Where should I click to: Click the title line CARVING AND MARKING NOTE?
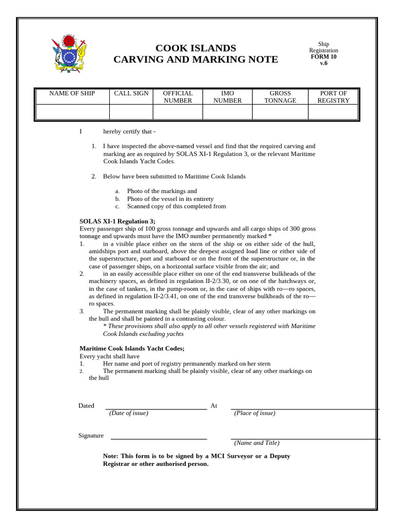pos(195,60)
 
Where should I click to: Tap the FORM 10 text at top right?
pos(323,57)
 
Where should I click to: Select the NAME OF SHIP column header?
pos(72,93)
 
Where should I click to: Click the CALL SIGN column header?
pos(131,93)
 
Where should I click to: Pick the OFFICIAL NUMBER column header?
pos(178,97)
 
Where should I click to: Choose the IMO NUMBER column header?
pos(227,97)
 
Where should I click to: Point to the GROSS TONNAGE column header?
pos(280,97)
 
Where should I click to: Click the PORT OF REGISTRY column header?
pos(333,97)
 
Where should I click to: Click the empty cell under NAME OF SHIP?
pos(72,112)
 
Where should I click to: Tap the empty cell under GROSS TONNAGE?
pos(280,112)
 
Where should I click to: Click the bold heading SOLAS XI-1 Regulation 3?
pos(117,221)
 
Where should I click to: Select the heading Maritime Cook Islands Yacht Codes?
pos(132,348)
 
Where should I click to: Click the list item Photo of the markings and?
pos(162,191)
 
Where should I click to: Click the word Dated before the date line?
pos(86,406)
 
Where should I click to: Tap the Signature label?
pos(91,436)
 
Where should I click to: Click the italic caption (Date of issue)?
pos(128,413)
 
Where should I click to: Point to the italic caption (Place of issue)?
pos(254,413)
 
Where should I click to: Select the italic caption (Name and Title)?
pos(257,443)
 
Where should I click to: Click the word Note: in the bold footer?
pos(110,456)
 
